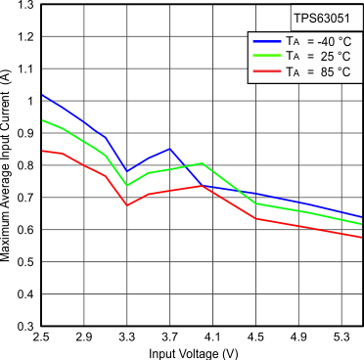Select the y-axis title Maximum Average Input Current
click(8, 166)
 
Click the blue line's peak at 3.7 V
click(169, 149)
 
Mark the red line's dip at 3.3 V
click(127, 205)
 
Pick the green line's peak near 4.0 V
click(202, 163)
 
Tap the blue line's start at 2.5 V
click(41, 95)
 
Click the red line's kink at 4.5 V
click(255, 218)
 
